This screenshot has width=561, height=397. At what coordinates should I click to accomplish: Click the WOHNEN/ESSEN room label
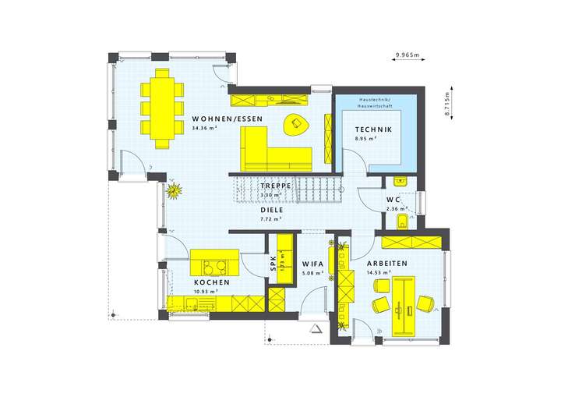[227, 119]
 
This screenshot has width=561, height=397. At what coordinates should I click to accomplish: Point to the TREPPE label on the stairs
[276, 186]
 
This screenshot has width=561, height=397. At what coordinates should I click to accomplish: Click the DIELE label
[271, 210]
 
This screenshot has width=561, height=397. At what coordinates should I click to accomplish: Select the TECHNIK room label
[372, 129]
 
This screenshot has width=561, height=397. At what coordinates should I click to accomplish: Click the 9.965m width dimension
[406, 55]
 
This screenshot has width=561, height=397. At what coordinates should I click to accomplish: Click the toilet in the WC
[400, 222]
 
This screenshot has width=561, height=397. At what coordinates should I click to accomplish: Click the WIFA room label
[313, 264]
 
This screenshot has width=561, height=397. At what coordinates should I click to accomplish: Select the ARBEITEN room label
[387, 264]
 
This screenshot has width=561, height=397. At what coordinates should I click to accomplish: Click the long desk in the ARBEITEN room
[404, 302]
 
